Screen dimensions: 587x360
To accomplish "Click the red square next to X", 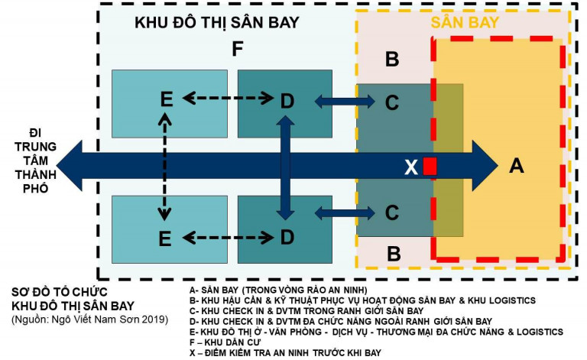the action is [430, 166].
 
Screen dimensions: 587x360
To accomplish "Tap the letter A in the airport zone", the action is [517, 165].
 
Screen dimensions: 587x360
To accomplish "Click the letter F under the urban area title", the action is [238, 49].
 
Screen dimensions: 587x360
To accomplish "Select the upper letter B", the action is [392, 59].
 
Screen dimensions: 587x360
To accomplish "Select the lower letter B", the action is [394, 254].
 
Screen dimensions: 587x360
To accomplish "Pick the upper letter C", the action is [392, 102].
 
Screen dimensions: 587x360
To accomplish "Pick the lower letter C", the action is [392, 212].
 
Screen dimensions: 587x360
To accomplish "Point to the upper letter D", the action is [287, 101].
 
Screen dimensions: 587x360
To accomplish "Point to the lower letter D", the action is [287, 237].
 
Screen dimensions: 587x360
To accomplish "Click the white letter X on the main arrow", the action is [411, 167].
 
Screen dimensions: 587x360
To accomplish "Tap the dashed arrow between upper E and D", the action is [229, 99].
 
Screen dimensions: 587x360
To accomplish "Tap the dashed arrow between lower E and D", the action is [229, 237].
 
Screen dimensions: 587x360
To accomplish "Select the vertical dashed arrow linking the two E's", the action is [165, 167].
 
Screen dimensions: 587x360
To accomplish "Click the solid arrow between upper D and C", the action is [345, 101].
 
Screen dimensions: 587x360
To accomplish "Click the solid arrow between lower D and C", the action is [345, 213].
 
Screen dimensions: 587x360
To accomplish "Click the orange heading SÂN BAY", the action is [465, 22].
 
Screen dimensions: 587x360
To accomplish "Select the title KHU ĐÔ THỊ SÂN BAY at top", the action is [217, 22].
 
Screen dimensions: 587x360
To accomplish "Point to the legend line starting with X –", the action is [285, 352].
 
